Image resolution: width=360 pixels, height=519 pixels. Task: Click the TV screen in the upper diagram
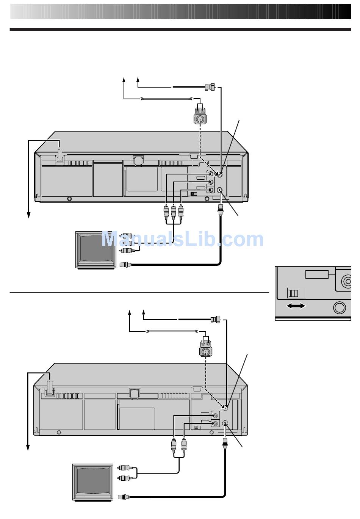[x=96, y=248]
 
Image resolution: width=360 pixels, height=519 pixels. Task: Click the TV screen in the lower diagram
[x=93, y=480]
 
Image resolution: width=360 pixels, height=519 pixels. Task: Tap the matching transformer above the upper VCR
[x=200, y=114]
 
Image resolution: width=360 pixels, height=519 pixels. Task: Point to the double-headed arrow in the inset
[x=296, y=306]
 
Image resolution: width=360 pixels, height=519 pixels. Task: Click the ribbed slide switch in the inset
[x=293, y=293]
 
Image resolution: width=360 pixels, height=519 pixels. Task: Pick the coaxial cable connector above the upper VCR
[x=210, y=87]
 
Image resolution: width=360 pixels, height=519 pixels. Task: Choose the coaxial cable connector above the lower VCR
[x=216, y=320]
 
